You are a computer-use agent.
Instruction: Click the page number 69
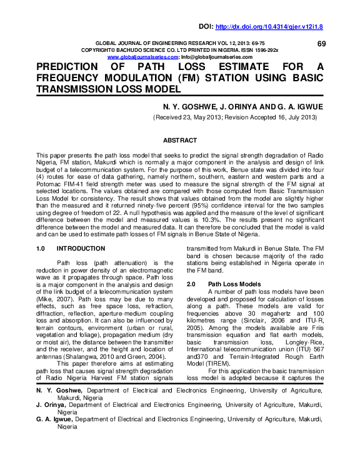pyautogui.click(x=322, y=43)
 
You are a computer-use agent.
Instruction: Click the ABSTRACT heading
pyautogui.click(x=179, y=141)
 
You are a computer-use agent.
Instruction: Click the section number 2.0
pyautogui.click(x=192, y=284)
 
